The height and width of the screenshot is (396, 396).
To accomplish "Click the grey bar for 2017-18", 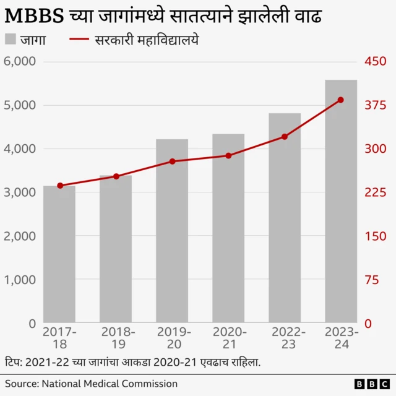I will tap(59, 254).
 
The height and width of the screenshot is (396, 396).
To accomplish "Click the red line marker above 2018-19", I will tap(116, 176).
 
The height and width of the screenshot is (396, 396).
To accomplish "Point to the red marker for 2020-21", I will tap(228, 156).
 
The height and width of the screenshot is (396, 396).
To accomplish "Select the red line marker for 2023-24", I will tap(341, 100).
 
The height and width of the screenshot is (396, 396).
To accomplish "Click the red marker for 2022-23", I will tap(285, 137).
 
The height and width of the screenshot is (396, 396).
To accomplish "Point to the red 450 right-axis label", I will tap(374, 62).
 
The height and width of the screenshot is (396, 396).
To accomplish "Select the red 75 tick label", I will tap(371, 280).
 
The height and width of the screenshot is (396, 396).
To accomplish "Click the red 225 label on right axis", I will tap(374, 193).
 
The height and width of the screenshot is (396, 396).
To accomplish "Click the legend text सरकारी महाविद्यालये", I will tap(147, 41).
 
